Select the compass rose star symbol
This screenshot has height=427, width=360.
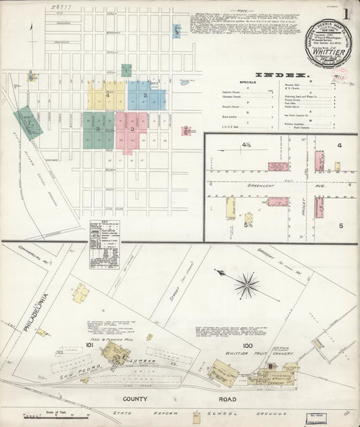click(247, 284)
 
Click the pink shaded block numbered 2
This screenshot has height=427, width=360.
click(132, 129)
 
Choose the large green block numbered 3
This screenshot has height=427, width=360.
click(99, 129)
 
